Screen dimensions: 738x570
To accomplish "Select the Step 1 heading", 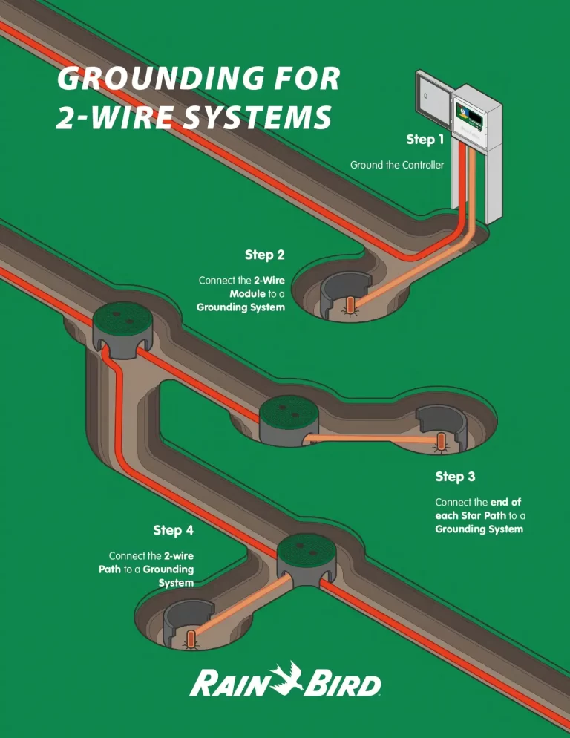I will (x=425, y=140).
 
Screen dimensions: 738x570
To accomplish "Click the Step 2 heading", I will (x=264, y=255).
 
